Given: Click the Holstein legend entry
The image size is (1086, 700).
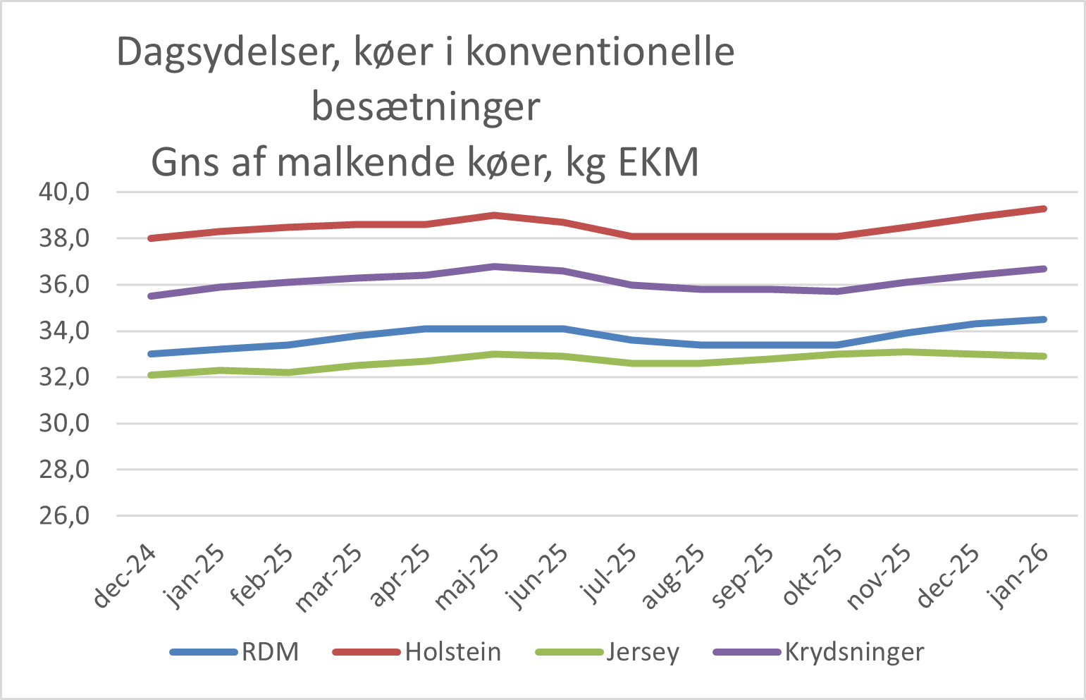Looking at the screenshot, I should (452, 652).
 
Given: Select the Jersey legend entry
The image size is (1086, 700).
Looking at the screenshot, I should (642, 652).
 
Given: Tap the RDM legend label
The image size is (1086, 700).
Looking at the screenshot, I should (270, 652).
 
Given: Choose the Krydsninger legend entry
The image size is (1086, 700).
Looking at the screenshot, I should (853, 652).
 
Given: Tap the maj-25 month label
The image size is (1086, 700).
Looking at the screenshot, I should (469, 577).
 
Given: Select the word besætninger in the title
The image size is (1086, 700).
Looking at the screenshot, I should (426, 107).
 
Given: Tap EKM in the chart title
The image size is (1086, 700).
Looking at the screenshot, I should (658, 163).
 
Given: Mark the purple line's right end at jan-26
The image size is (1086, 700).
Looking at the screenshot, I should (1044, 269).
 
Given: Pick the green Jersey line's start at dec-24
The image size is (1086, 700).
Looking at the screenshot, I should (151, 375).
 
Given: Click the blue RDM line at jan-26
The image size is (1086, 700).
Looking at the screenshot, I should (1044, 319).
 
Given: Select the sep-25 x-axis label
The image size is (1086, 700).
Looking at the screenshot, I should (743, 576).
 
